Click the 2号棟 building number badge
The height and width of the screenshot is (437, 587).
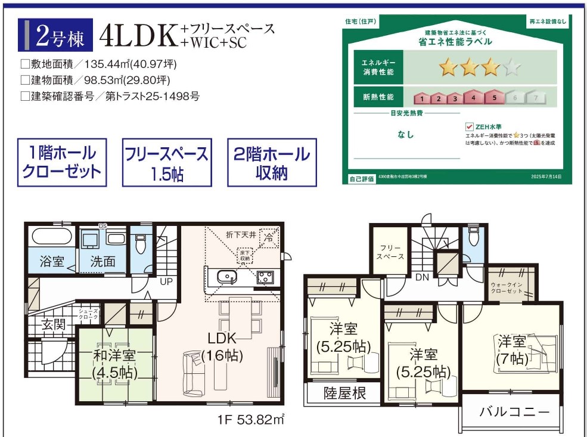[x=58, y=36]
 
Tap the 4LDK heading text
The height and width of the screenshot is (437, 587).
[x=139, y=36]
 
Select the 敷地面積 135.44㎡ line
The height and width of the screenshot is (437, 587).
[x=98, y=64]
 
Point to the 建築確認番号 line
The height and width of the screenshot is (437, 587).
[x=110, y=95]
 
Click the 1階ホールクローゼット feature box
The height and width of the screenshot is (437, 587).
[x=62, y=163]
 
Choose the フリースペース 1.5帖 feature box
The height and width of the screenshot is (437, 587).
[x=167, y=163]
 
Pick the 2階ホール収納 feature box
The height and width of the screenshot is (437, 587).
[x=272, y=163]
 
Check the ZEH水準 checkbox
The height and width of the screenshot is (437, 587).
[x=469, y=126]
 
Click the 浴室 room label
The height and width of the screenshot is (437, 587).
[x=51, y=261]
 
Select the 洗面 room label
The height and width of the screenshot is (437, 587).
[x=103, y=261]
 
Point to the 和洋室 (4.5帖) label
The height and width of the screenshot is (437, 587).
[x=114, y=364]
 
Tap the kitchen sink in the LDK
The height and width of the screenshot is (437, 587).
[x=226, y=277]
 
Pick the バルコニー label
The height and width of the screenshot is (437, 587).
[x=514, y=412]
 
